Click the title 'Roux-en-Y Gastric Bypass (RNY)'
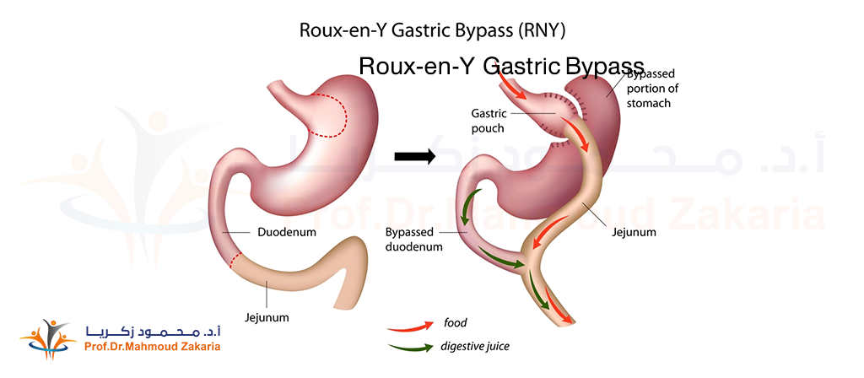pyautogui.click(x=432, y=31)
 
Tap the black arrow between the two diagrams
pyautogui.click(x=414, y=156)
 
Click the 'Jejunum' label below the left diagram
pyautogui.click(x=267, y=317)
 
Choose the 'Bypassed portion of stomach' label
pyautogui.click(x=651, y=89)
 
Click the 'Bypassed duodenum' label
pyautogui.click(x=413, y=239)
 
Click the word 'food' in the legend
pyautogui.click(x=455, y=323)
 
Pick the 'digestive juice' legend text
pyautogui.click(x=475, y=346)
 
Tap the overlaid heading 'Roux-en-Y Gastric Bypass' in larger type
pyautogui.click(x=501, y=67)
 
